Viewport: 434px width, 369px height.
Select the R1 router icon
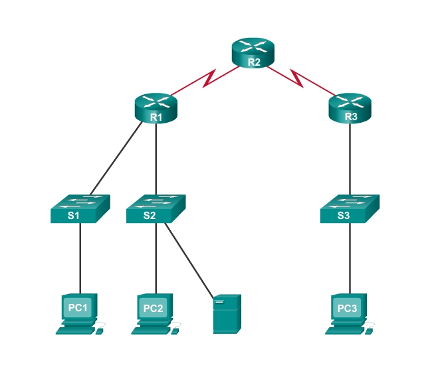click(156, 108)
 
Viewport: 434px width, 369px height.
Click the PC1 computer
click(78, 309)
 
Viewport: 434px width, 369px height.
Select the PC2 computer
click(154, 309)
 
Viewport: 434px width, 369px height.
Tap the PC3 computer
click(348, 309)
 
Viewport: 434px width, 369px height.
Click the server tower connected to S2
click(227, 314)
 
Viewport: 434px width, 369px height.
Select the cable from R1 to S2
click(156, 159)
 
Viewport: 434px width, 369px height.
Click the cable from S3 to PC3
click(350, 259)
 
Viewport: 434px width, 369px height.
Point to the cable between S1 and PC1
click(80, 259)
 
